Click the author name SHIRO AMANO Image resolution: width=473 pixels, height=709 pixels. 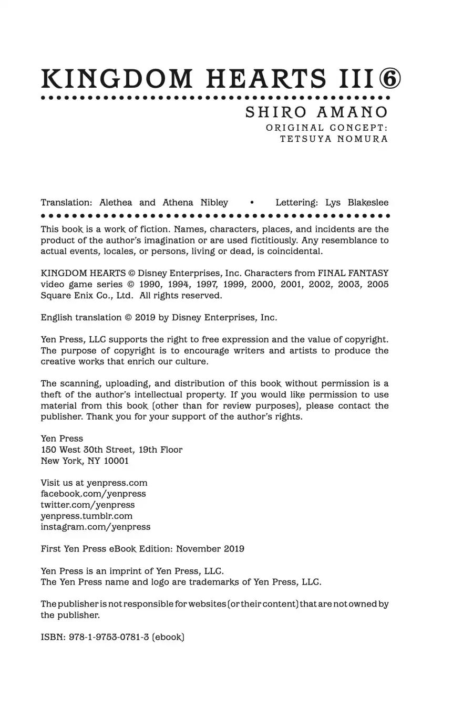pyautogui.click(x=317, y=112)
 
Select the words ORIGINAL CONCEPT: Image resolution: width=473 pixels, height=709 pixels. pyautogui.click(x=326, y=128)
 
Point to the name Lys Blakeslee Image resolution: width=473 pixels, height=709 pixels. pyautogui.click(x=357, y=203)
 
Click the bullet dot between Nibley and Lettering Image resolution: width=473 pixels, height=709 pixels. pyautogui.click(x=252, y=203)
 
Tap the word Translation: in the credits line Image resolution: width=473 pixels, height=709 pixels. pyautogui.click(x=66, y=203)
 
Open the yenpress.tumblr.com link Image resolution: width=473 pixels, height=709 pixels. pyautogui.click(x=87, y=516)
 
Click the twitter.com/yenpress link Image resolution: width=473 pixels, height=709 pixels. pyautogui.click(x=88, y=505)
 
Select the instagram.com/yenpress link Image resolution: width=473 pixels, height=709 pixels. pyautogui.click(x=96, y=527)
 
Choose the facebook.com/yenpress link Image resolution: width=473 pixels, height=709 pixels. pyautogui.click(x=93, y=494)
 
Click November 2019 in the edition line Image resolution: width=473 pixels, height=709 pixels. pyautogui.click(x=210, y=549)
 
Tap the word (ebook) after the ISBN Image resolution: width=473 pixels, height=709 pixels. pyautogui.click(x=168, y=637)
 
